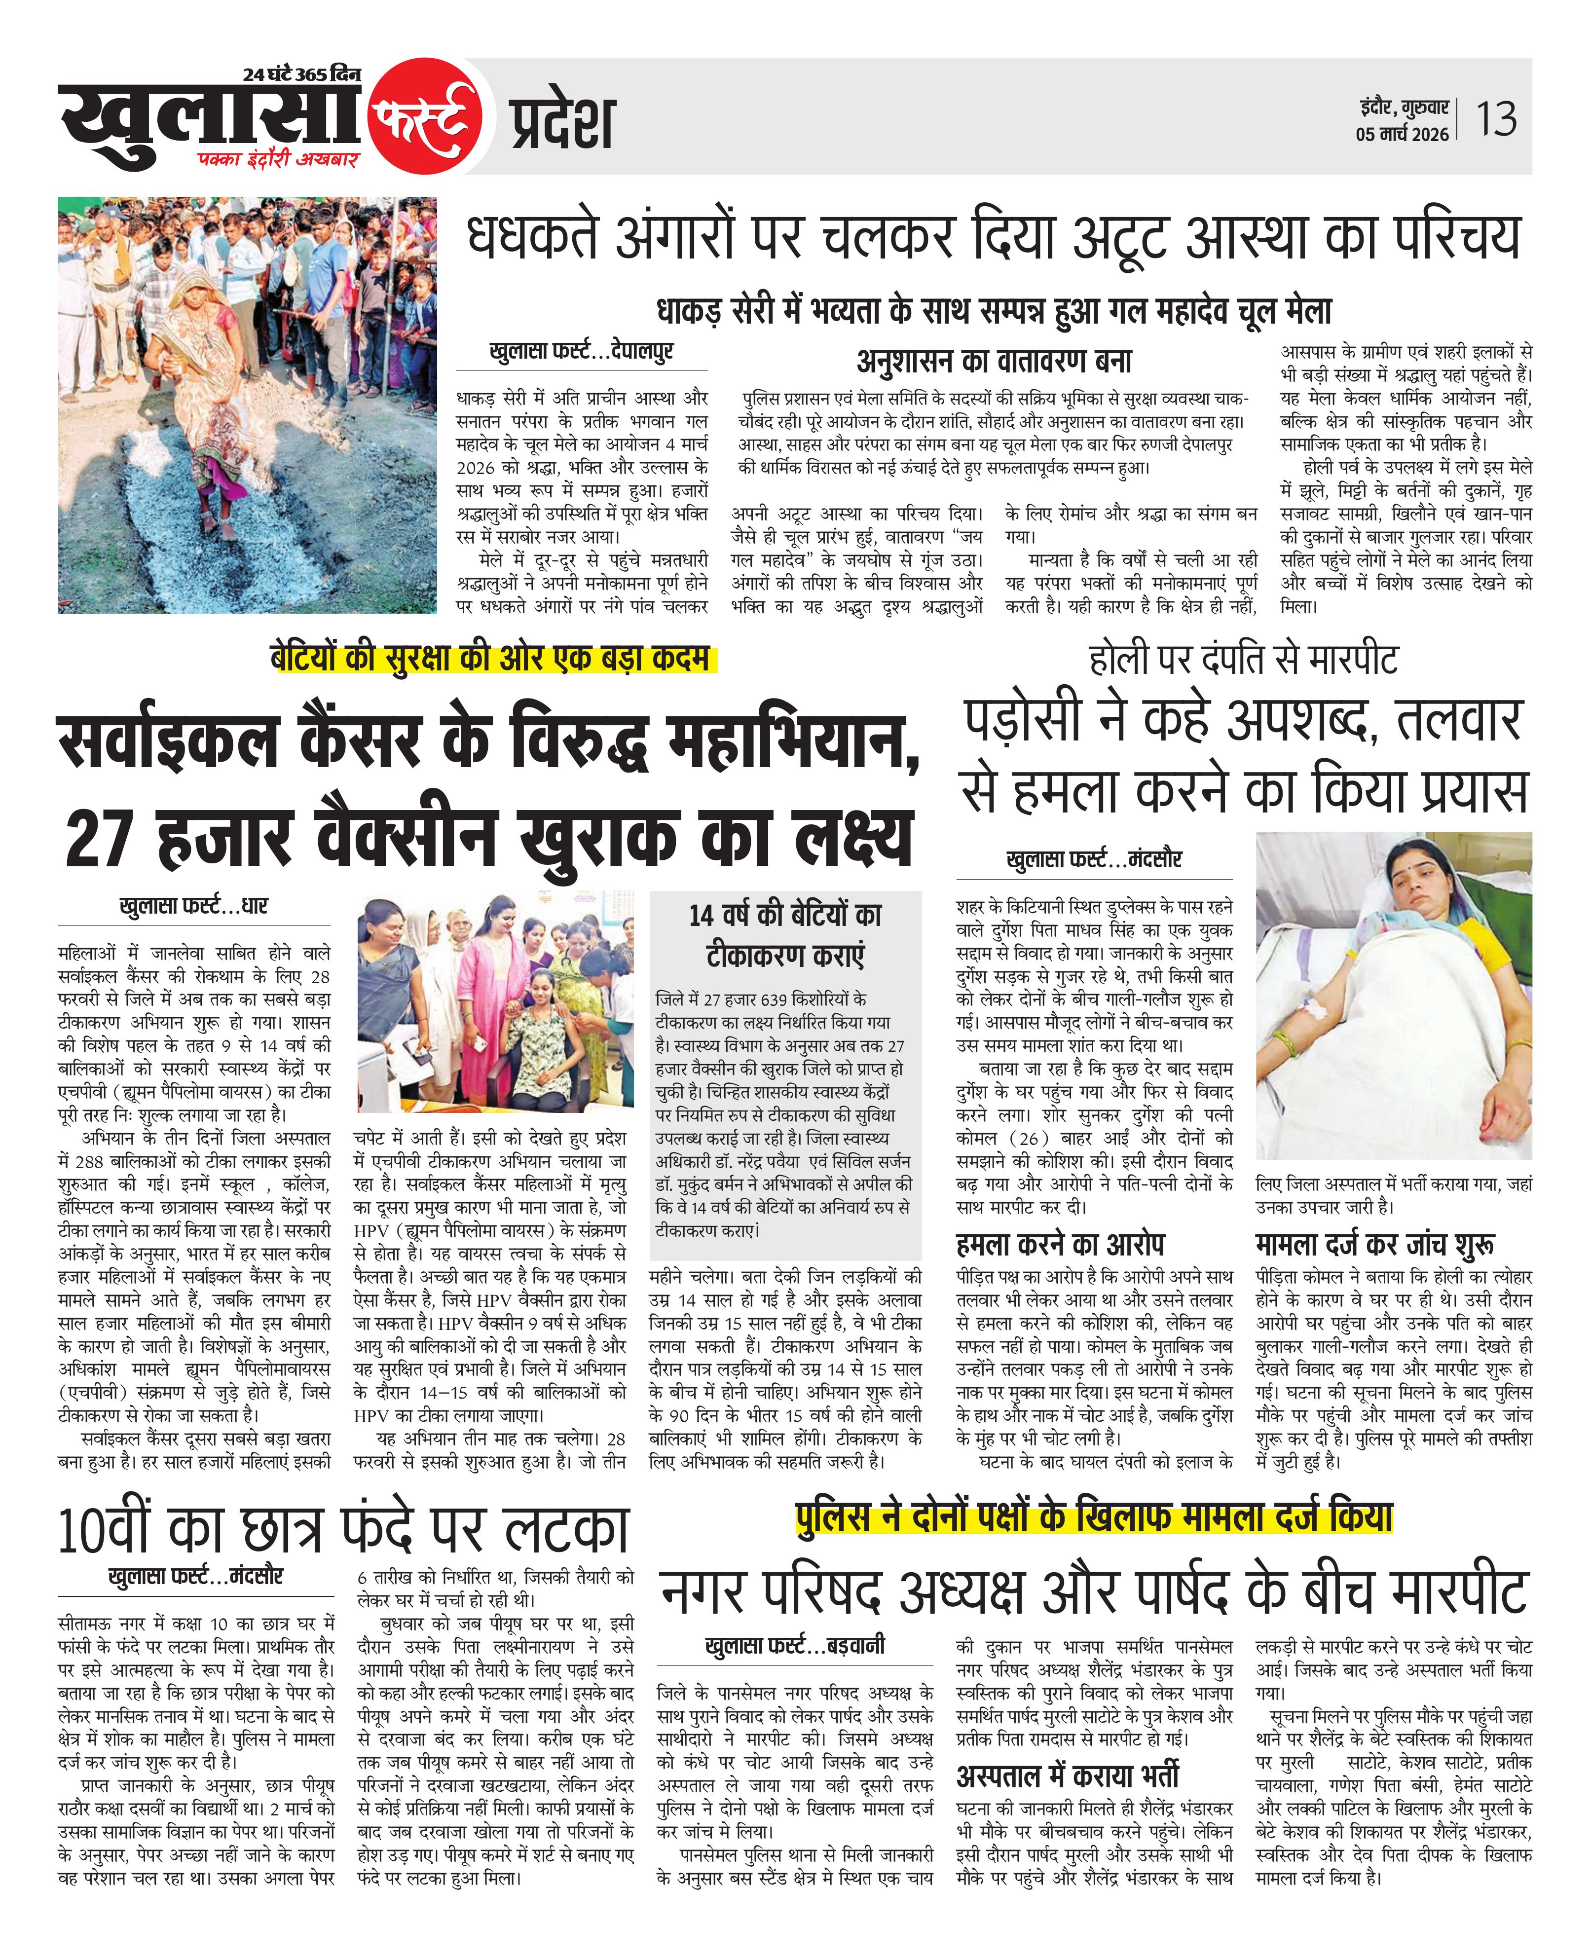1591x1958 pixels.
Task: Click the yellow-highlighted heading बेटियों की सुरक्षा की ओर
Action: (492, 659)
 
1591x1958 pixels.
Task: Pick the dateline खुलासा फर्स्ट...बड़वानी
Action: (795, 1645)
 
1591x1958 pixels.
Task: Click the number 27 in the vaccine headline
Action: (100, 838)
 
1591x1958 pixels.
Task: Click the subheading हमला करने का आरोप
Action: (1060, 1244)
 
